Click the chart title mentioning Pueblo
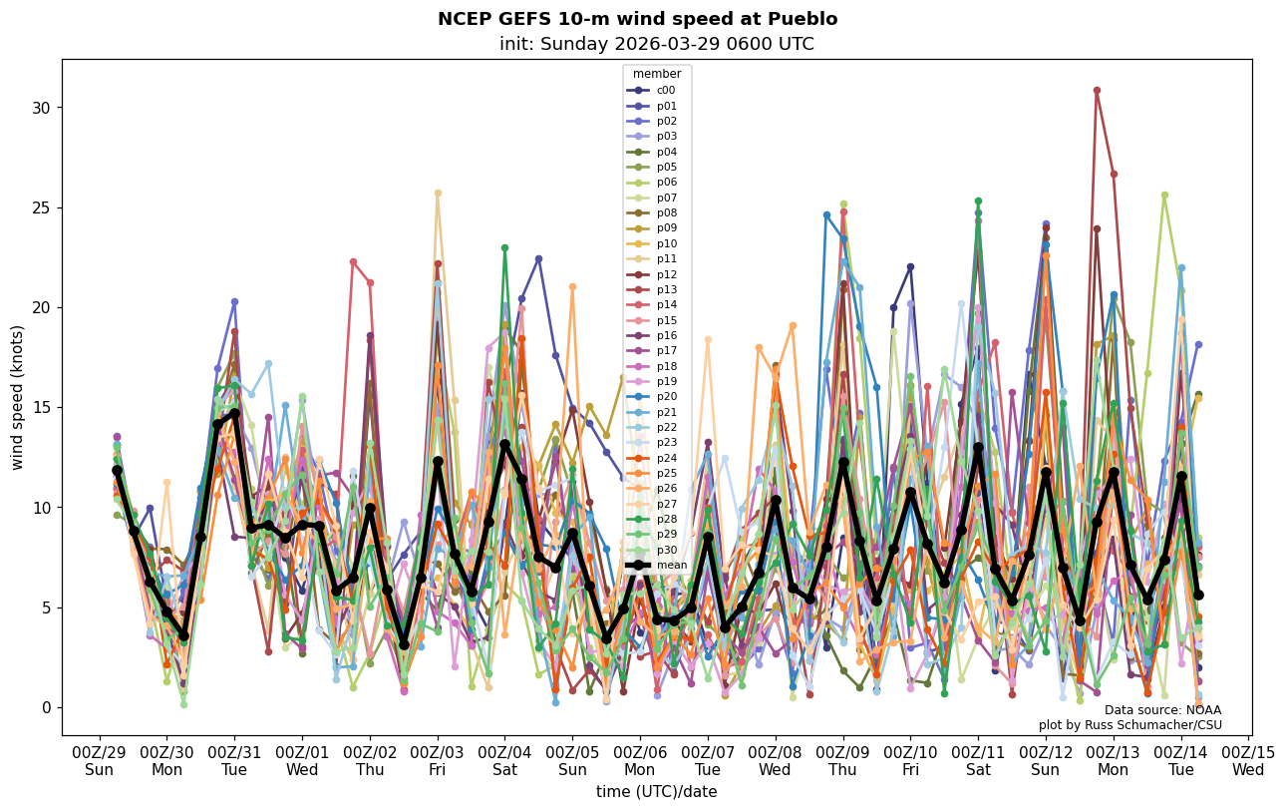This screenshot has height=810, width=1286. pyautogui.click(x=637, y=19)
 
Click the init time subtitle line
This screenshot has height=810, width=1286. pyautogui.click(x=656, y=44)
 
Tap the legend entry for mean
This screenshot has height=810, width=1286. pyautogui.click(x=670, y=565)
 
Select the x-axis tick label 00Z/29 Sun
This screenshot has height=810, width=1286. pyautogui.click(x=99, y=761)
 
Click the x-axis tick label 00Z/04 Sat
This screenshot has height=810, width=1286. pyautogui.click(x=505, y=761)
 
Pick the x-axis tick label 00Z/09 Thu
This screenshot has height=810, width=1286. pyautogui.click(x=843, y=761)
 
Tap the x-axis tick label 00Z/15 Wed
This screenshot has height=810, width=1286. pyautogui.click(x=1248, y=761)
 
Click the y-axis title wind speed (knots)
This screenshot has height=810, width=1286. pyautogui.click(x=17, y=397)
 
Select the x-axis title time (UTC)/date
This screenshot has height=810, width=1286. pyautogui.click(x=656, y=792)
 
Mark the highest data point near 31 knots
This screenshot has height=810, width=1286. pyautogui.click(x=1097, y=91)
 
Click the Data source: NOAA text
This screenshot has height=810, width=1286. pyautogui.click(x=1162, y=710)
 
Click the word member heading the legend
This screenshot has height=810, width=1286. pyautogui.click(x=657, y=74)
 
